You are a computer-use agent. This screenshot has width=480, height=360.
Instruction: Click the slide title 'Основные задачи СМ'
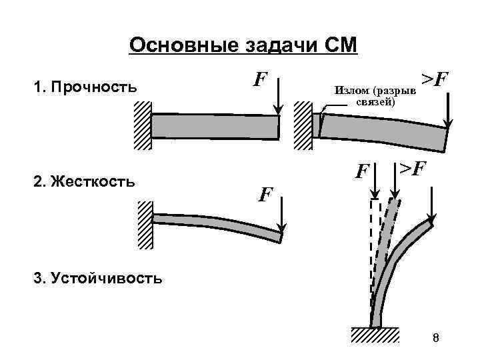[243, 45]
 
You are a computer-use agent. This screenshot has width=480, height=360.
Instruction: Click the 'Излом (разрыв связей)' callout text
[374, 96]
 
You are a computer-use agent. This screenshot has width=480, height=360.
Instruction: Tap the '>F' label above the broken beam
[434, 81]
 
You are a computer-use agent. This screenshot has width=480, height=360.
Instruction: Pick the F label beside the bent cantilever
[265, 195]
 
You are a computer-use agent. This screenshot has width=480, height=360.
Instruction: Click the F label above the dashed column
[362, 172]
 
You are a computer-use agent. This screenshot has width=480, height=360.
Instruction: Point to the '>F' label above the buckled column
[412, 169]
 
